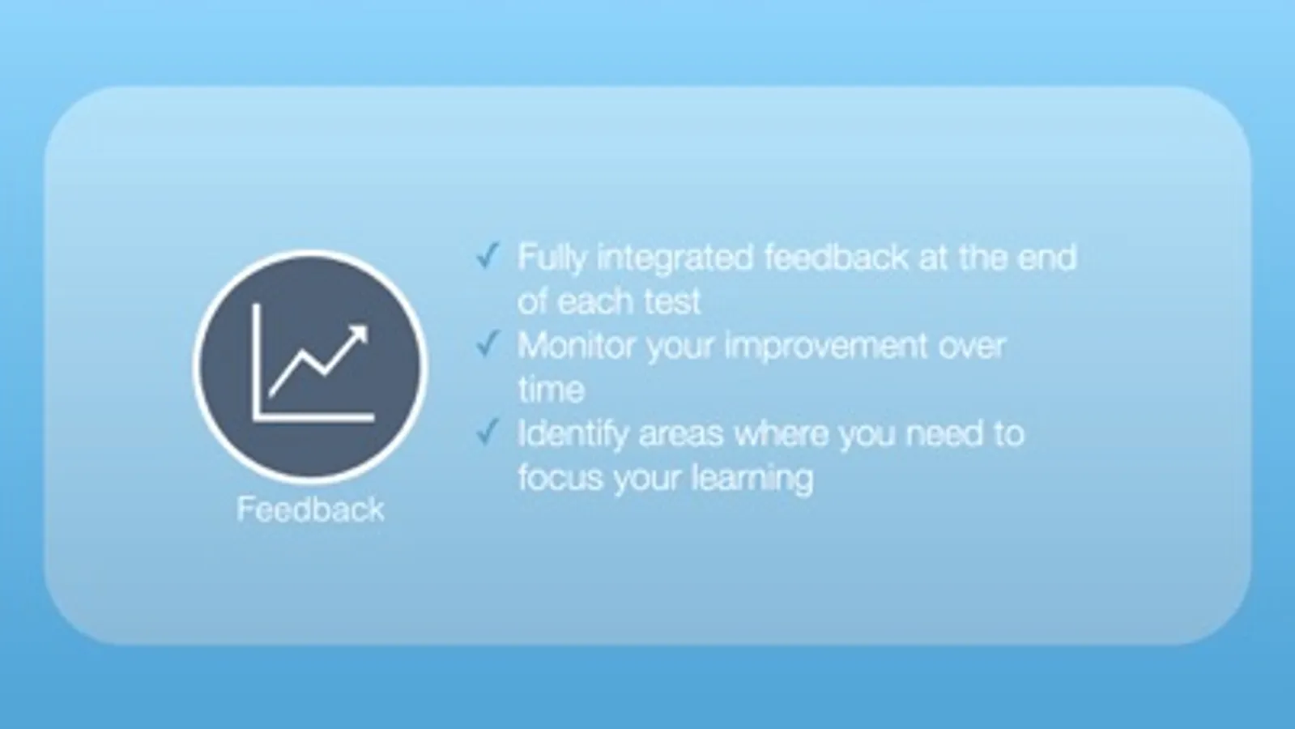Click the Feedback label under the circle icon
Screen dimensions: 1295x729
(x=310, y=509)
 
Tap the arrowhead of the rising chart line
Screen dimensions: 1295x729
(x=358, y=335)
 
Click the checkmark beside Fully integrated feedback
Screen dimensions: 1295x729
(x=488, y=255)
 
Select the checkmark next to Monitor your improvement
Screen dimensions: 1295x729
(x=488, y=344)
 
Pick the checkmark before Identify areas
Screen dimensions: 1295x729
(x=488, y=432)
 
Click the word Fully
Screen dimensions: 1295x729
(x=552, y=258)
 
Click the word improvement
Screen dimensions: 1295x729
(x=825, y=347)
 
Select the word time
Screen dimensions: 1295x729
(x=552, y=390)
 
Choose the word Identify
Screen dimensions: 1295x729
(x=573, y=434)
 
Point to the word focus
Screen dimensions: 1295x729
(x=560, y=478)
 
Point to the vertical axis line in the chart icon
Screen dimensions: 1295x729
(x=257, y=361)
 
